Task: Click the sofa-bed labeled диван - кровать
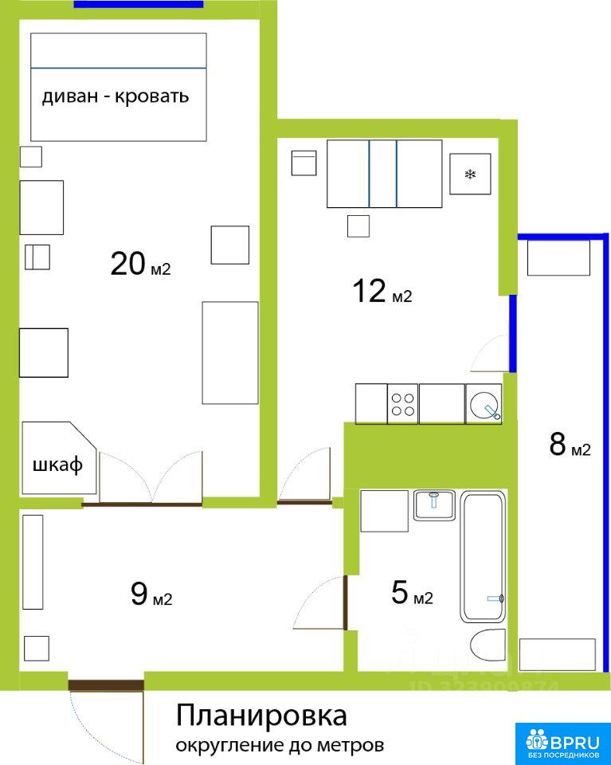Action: (119, 88)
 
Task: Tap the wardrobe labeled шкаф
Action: (58, 458)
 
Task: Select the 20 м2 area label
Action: (140, 264)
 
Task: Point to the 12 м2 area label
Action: (382, 292)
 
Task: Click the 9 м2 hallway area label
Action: (151, 594)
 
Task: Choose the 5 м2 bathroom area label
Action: (412, 593)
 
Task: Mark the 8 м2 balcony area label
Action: (570, 445)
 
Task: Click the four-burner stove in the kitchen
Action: (403, 404)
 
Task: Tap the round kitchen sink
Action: (484, 404)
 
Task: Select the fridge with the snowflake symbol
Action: (470, 174)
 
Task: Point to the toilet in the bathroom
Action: (488, 645)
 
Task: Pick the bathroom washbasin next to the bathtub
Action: (434, 505)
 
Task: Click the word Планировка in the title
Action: (261, 716)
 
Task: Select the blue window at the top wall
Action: (139, 5)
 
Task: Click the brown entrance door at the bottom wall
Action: (106, 685)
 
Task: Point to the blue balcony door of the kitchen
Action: (513, 334)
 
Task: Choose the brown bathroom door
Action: (345, 602)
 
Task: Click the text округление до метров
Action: (280, 746)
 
